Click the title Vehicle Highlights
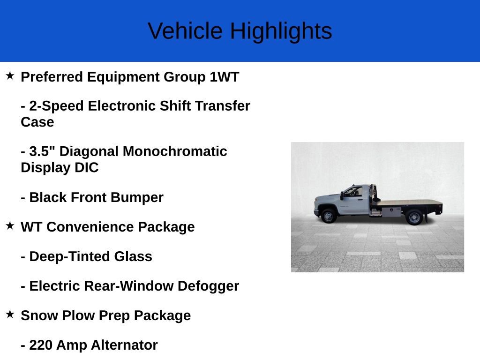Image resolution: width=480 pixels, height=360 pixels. coord(240,31)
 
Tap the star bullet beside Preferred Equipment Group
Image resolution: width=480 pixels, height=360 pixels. coord(10,75)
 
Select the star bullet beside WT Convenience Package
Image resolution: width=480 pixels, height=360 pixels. coord(10,225)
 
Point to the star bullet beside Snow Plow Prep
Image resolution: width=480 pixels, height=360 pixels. coord(10,314)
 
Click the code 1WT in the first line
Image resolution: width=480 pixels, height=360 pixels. coord(224,77)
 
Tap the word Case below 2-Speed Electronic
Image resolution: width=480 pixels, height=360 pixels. coord(37,122)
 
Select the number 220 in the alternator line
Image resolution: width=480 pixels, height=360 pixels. coord(41,345)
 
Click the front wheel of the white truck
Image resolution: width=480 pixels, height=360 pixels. coord(328,216)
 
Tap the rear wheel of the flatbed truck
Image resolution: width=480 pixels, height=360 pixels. coord(414,217)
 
